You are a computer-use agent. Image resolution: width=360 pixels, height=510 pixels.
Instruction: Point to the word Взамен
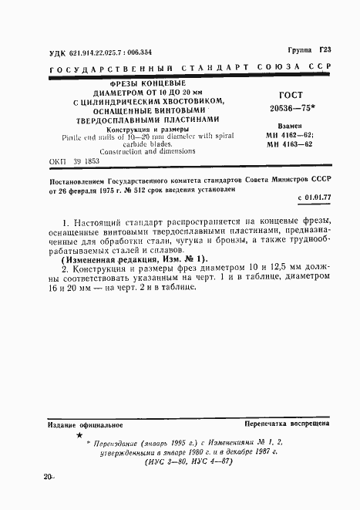tap(288, 126)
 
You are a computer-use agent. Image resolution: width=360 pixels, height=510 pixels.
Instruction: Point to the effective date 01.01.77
tap(312, 198)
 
